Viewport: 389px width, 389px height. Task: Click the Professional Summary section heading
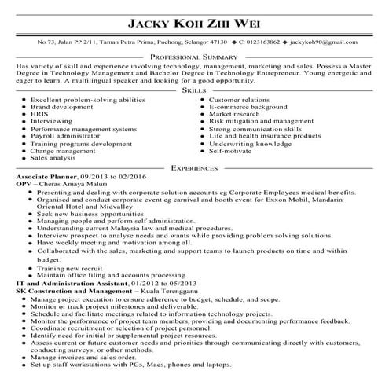click(193, 58)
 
